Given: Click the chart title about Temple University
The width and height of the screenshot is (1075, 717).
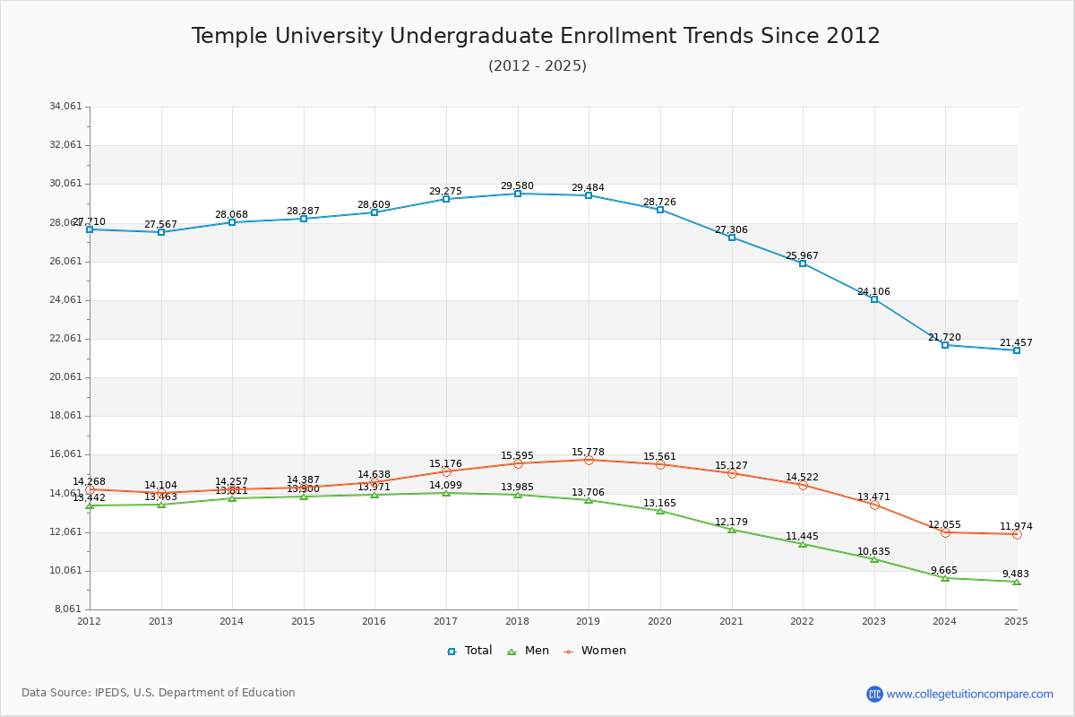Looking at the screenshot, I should pos(536,36).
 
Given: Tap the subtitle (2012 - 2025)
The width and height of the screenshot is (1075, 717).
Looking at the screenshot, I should pos(537,65).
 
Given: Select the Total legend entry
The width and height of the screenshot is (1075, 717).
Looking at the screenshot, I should pos(469,651).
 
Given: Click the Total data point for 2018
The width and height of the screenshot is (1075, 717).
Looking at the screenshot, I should pos(518,194).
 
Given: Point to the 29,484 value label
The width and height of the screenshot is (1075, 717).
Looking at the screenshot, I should pos(588,188).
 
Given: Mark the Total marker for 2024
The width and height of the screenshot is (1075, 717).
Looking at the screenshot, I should pos(945,345).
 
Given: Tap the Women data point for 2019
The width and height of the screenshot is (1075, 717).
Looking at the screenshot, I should pos(589,460).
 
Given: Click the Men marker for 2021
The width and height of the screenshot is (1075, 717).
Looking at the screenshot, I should pos(732,530).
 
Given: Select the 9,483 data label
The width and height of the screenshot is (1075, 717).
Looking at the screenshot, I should pos(1016,574).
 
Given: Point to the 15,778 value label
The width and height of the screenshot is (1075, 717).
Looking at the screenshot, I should pos(588,453).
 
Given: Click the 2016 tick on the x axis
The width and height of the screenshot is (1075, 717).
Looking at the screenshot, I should pos(374,621).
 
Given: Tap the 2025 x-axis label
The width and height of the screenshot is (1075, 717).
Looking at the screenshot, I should pos(1016,621).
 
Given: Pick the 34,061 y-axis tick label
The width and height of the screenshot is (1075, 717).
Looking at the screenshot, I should pos(65,107).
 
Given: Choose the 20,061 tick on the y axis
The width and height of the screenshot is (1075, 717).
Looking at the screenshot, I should pos(65,377).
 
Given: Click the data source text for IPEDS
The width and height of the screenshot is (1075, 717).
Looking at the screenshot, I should pos(159,693).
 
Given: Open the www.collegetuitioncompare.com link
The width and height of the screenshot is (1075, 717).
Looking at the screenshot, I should pos(969,694).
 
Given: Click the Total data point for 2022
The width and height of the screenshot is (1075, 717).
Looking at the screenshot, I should pos(803,263).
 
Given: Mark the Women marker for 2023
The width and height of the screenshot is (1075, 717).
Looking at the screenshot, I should pos(874,505).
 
